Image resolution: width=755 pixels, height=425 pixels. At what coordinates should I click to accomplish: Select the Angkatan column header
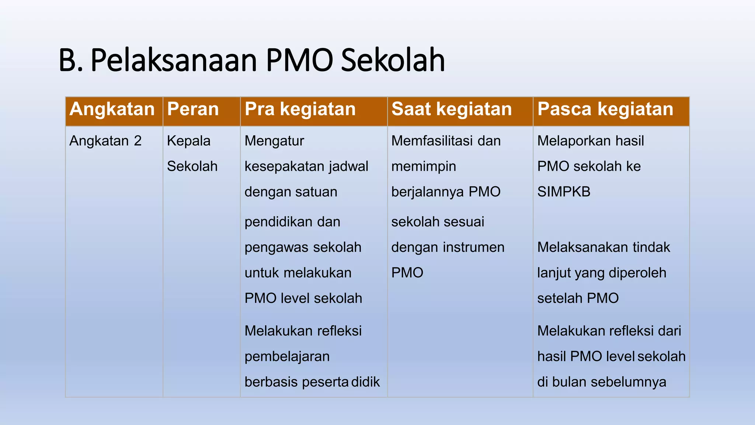[112, 109]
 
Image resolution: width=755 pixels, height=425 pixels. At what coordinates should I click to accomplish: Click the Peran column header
[193, 109]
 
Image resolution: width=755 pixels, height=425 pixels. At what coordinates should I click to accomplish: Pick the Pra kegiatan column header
[300, 109]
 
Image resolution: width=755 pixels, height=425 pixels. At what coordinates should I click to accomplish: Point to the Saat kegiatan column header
[452, 109]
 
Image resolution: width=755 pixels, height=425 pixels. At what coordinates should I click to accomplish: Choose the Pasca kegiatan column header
[605, 109]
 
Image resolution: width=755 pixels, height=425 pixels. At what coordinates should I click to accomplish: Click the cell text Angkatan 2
[105, 141]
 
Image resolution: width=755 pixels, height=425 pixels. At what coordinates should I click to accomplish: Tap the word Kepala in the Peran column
[188, 141]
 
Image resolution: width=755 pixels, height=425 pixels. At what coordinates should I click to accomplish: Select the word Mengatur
[274, 141]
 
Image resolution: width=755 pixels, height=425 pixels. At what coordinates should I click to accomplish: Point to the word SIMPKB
[564, 192]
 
